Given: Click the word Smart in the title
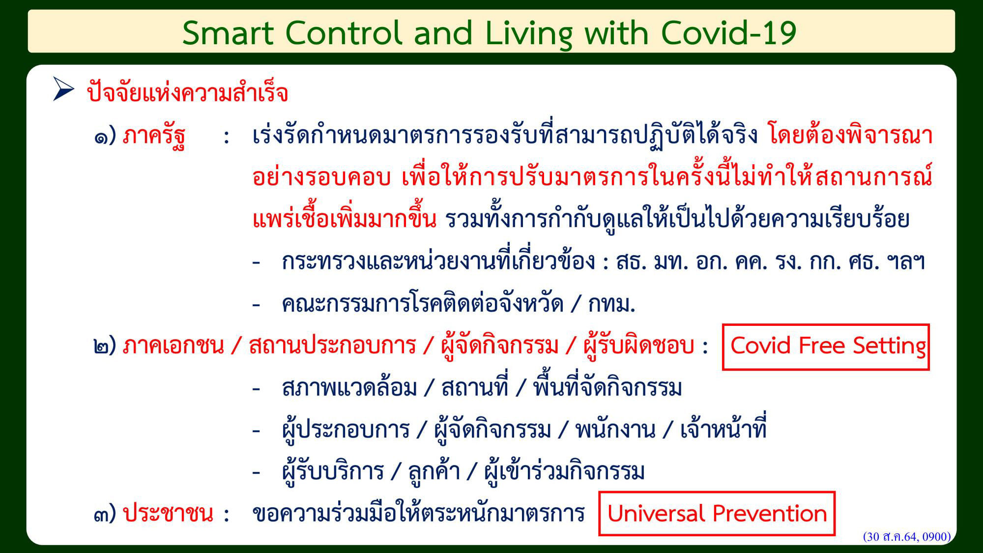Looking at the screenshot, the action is pos(228,33).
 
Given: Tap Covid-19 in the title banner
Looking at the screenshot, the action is pos(728,33).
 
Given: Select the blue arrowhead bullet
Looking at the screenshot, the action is pos(63,89).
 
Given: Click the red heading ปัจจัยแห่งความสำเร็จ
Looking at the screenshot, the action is pos(187,92).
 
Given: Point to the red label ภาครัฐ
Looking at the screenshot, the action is pos(154,136).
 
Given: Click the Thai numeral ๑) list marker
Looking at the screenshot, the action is pos(105,136).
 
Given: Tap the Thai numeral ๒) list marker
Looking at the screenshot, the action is pos(105,346).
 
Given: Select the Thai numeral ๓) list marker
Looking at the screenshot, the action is pos(105,514).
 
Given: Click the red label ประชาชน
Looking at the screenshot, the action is pos(168,513).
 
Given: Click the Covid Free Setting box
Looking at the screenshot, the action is pos(826,347).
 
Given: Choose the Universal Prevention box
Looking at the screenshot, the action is pos(717,514).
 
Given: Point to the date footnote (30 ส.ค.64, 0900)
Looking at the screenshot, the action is pos(907,536).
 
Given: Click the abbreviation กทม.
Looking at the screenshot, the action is pos(612,304).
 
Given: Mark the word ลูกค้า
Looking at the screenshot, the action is pos(434,470).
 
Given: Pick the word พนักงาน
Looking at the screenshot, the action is pos(615,429).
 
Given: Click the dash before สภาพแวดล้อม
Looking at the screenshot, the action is pos(256,388).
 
